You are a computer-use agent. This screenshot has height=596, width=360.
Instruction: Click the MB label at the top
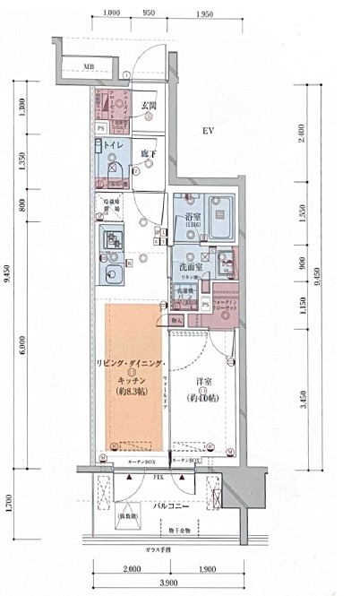click(x=89, y=67)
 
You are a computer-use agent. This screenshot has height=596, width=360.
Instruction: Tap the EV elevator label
click(x=208, y=132)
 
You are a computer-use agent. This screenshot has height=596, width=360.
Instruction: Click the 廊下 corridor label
click(x=148, y=154)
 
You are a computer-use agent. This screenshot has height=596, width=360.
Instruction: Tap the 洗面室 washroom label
click(x=189, y=267)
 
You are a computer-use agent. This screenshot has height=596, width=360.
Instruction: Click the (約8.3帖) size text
click(x=132, y=392)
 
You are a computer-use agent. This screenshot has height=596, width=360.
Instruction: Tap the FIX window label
click(x=158, y=479)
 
